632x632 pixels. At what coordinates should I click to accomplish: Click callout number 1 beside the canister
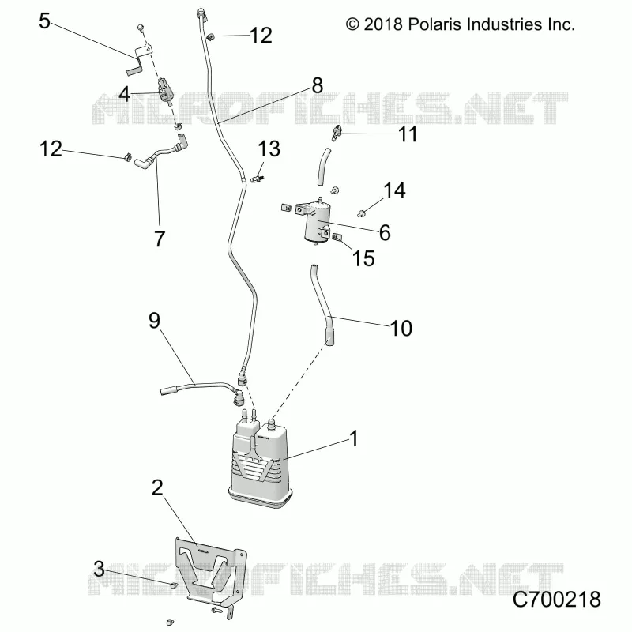click(354, 438)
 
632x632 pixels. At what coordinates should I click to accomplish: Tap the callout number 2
click(157, 487)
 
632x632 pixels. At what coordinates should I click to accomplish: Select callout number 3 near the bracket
click(100, 569)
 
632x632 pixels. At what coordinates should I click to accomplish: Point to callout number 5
click(44, 21)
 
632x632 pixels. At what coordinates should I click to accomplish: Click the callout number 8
click(318, 85)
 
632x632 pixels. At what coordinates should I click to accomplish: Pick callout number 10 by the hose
click(401, 328)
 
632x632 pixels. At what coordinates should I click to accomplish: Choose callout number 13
click(269, 149)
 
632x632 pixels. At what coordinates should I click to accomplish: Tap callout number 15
click(363, 258)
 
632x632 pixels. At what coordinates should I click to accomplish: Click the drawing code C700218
click(557, 600)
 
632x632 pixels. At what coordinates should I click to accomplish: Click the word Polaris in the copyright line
click(434, 24)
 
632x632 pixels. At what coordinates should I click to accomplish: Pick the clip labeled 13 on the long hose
click(256, 178)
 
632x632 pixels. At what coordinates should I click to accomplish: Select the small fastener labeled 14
click(362, 213)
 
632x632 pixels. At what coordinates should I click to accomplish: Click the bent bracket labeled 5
click(139, 60)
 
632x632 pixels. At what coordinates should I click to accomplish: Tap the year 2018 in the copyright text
click(383, 24)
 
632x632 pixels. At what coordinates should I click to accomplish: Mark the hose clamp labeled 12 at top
click(210, 37)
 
